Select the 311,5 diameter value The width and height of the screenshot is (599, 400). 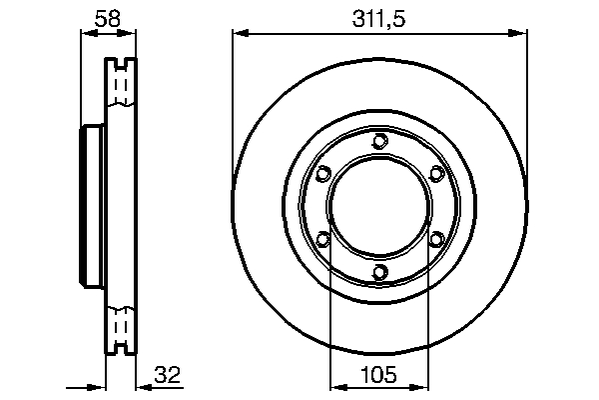[377, 17]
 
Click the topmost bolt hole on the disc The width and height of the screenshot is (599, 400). [377, 141]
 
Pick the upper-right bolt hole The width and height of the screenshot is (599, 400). [435, 174]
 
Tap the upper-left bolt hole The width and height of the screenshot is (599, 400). [320, 174]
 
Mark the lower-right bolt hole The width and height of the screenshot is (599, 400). [435, 239]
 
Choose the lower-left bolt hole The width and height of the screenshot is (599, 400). [320, 239]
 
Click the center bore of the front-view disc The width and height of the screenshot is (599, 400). [377, 206]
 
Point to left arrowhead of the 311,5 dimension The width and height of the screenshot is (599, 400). [239, 34]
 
